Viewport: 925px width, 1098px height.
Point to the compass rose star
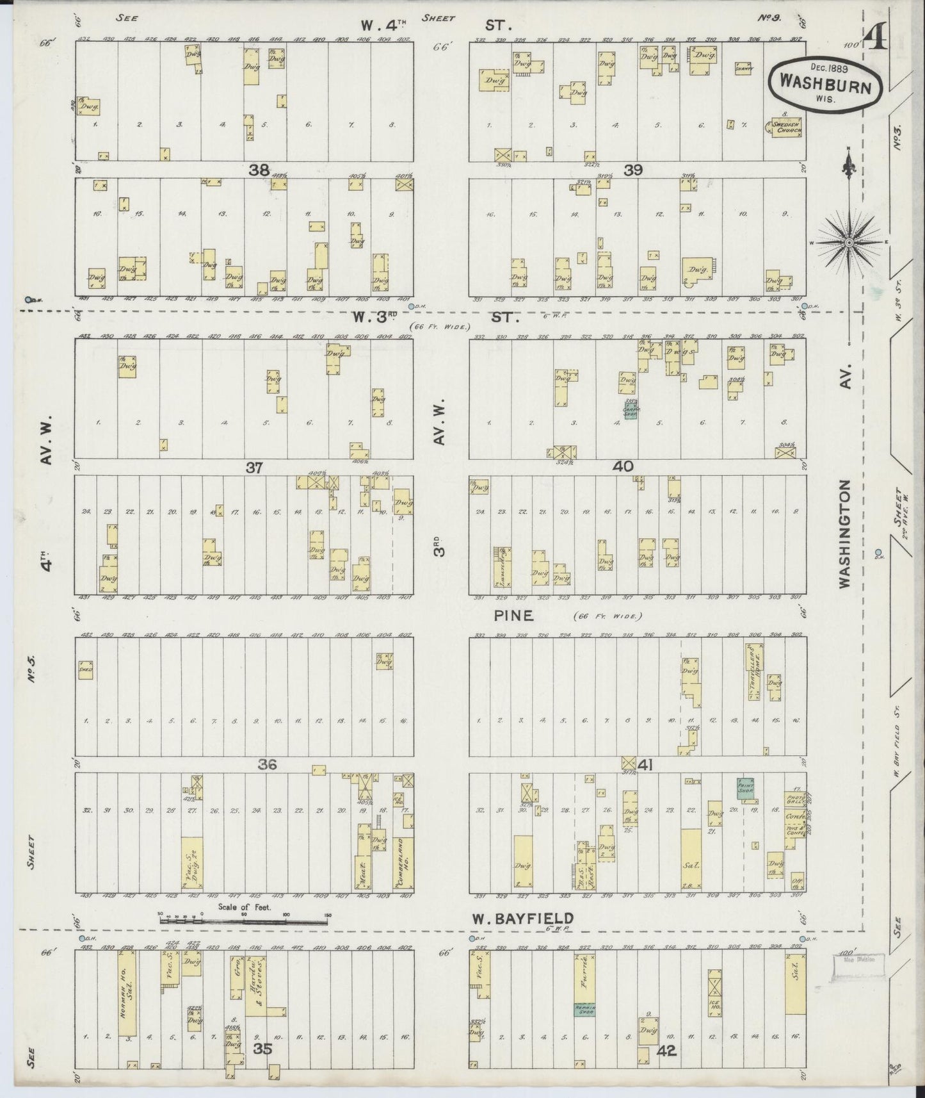pyautogui.click(x=849, y=243)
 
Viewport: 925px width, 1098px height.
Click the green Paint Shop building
pyautogui.click(x=746, y=788)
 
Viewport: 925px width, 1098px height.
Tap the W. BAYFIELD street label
pyautogui.click(x=522, y=919)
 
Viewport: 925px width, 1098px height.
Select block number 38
pyautogui.click(x=259, y=170)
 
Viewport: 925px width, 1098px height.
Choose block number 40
pyautogui.click(x=622, y=467)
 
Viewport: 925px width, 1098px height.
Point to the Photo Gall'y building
pyautogui.click(x=794, y=799)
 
